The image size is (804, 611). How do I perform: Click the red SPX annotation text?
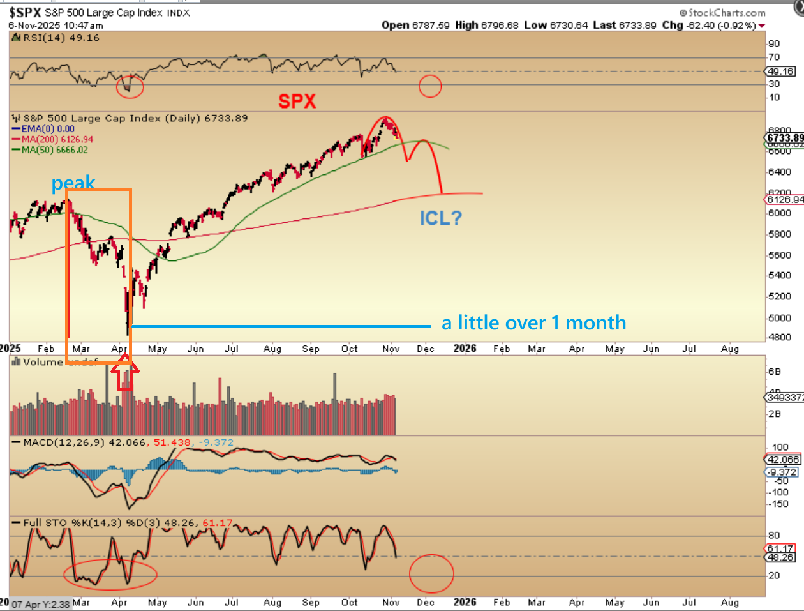pyautogui.click(x=297, y=101)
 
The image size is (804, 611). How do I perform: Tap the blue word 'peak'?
pyautogui.click(x=73, y=183)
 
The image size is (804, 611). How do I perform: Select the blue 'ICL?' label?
pyautogui.click(x=440, y=218)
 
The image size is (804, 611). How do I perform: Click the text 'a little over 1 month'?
pyautogui.click(x=533, y=323)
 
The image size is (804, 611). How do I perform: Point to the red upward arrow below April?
pyautogui.click(x=124, y=375)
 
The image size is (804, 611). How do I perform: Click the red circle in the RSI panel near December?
pyautogui.click(x=430, y=86)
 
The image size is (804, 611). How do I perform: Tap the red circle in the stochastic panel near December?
pyautogui.click(x=431, y=573)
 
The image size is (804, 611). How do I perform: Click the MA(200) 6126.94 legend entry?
pyautogui.click(x=57, y=139)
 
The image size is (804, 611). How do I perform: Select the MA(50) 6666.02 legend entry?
pyautogui.click(x=55, y=150)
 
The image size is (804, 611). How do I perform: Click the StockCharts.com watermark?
pyautogui.click(x=722, y=13)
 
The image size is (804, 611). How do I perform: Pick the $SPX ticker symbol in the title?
pyautogui.click(x=26, y=13)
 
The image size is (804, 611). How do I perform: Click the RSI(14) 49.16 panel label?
pyautogui.click(x=61, y=38)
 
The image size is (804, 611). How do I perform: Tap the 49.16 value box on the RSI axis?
pyautogui.click(x=780, y=72)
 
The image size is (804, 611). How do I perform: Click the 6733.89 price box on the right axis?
pyautogui.click(x=785, y=138)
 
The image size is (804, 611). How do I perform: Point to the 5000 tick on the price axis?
pyautogui.click(x=778, y=318)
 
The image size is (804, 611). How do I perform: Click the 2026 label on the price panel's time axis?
pyautogui.click(x=465, y=349)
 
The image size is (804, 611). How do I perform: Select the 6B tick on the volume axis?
pyautogui.click(x=774, y=372)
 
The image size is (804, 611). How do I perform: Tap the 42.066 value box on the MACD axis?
pyautogui.click(x=782, y=460)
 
